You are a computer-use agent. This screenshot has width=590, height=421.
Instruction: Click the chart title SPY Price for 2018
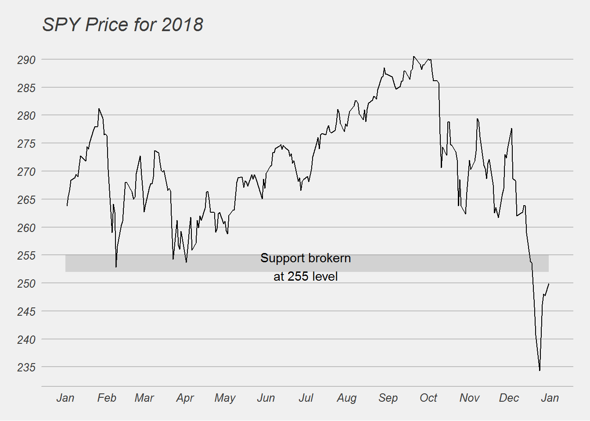[x=122, y=25]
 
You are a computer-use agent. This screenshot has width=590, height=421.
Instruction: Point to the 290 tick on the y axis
[x=26, y=60]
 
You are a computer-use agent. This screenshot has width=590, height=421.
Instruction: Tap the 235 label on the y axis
[x=26, y=367]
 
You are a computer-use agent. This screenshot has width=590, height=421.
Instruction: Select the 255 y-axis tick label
[x=26, y=255]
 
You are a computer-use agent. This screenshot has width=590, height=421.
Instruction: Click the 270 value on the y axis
[x=26, y=171]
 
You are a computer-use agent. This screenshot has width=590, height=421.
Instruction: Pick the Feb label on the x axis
[x=107, y=398]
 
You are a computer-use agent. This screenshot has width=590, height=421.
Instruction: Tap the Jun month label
[x=266, y=398]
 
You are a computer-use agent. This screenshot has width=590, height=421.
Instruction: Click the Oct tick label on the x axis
[x=428, y=398]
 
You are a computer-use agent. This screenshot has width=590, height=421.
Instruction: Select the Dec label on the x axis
[x=509, y=398]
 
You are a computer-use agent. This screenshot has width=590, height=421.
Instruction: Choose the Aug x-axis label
[x=347, y=398]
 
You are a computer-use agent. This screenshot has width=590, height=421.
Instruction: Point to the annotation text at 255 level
[x=306, y=276]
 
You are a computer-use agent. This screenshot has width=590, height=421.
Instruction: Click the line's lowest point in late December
[x=540, y=371]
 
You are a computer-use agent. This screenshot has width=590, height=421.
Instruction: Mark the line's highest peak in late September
[x=413, y=56]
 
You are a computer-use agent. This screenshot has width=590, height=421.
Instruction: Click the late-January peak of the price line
[x=99, y=108]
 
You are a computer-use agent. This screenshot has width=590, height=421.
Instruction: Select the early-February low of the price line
[x=116, y=267]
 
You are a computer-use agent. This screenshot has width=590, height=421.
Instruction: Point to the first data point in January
[x=67, y=205]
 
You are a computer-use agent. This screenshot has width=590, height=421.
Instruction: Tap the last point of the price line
[x=549, y=284]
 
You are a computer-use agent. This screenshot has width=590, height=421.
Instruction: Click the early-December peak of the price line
[x=512, y=128]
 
